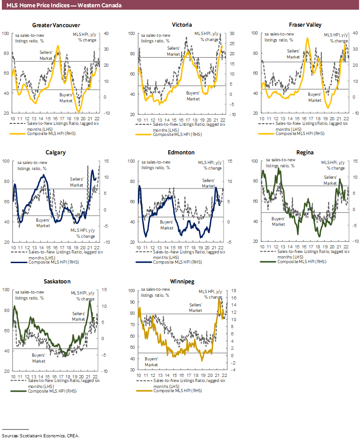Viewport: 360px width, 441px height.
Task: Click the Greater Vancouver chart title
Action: (x=56, y=25)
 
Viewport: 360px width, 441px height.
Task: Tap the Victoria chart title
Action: (x=182, y=25)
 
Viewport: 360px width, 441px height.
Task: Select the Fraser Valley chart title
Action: (x=305, y=25)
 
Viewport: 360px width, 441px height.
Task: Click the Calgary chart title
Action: (x=56, y=153)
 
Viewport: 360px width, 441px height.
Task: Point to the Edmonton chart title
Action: (x=182, y=153)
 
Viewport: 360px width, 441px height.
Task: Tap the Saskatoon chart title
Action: (x=57, y=281)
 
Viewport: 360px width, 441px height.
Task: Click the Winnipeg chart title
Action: (x=182, y=281)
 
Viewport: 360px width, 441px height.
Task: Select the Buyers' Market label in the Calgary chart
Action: (x=43, y=223)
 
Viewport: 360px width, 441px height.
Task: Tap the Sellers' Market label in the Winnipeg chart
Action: (x=195, y=308)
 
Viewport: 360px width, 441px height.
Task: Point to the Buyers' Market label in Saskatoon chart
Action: (x=39, y=358)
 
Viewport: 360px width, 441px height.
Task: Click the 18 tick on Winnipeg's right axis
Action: (x=234, y=291)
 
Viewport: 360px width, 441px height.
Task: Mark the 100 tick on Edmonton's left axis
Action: (x=131, y=161)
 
